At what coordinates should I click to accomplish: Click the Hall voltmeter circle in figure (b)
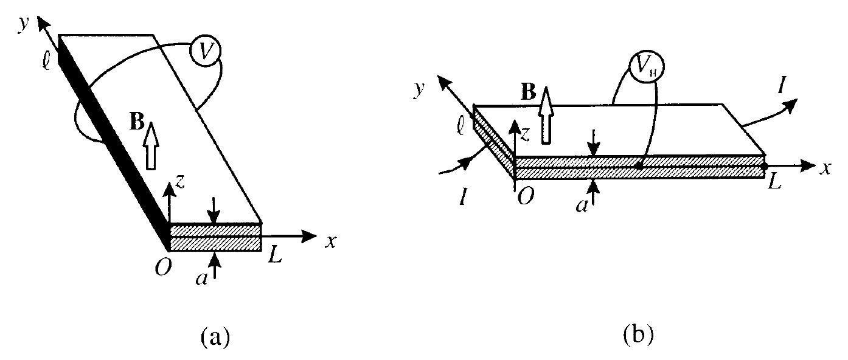(x=646, y=67)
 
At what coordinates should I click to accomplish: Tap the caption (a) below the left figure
(x=215, y=337)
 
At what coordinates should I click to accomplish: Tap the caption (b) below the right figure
(x=639, y=335)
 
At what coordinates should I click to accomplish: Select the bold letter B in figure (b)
(x=529, y=91)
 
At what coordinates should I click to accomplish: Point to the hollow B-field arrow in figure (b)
(x=546, y=115)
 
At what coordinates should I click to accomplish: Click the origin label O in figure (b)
(x=526, y=196)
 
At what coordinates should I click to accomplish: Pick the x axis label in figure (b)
(x=825, y=168)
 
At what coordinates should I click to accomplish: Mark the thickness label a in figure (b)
(x=582, y=206)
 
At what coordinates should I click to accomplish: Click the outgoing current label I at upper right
(x=780, y=86)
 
